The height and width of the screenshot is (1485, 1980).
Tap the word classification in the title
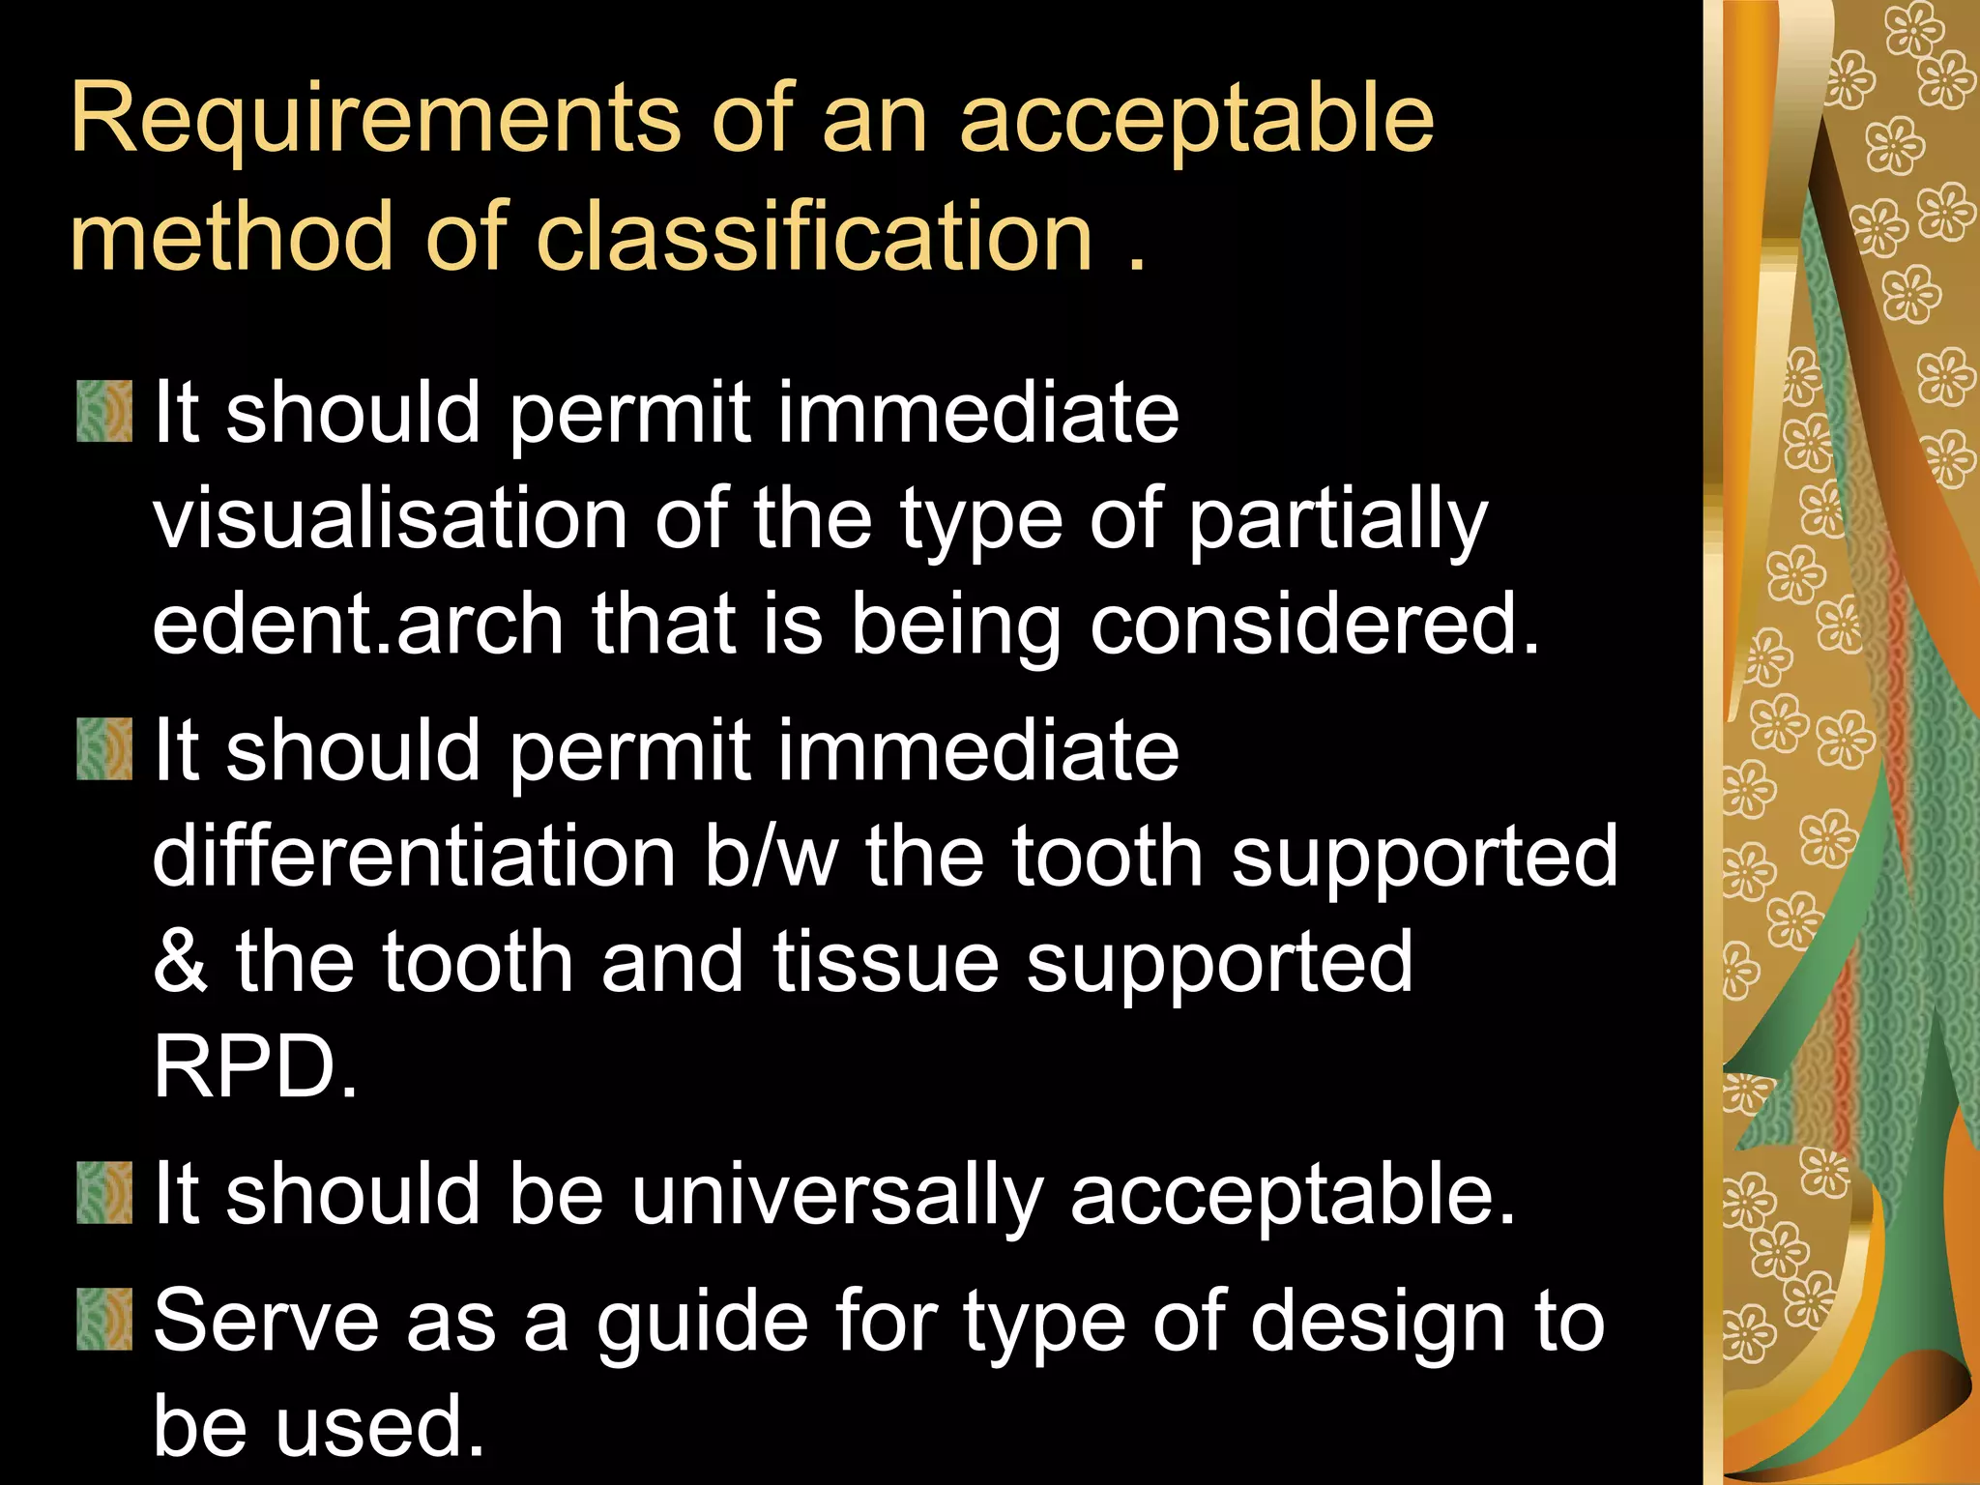[x=813, y=237]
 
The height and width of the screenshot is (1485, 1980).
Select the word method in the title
[x=230, y=237]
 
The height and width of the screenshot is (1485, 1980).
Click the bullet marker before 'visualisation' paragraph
[x=104, y=412]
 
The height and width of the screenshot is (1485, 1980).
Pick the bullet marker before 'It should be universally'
[x=104, y=1194]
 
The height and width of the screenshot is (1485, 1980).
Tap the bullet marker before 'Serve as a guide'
[x=104, y=1319]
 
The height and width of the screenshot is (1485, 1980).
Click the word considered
[x=1314, y=626]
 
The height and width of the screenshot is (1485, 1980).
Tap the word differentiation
[x=414, y=856]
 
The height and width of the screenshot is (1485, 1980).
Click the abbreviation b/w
[x=771, y=856]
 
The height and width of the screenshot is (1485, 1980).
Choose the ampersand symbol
[x=180, y=962]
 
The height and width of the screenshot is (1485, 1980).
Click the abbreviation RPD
[x=253, y=1067]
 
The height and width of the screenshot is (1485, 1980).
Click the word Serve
[x=266, y=1321]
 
